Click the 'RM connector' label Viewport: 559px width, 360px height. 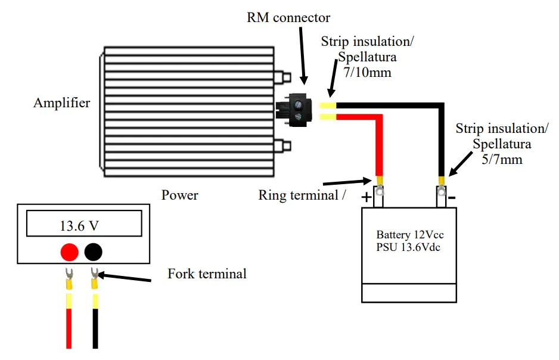tap(288, 17)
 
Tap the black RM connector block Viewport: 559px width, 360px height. tap(296, 110)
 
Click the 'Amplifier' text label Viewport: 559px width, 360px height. tap(62, 103)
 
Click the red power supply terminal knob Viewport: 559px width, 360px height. tap(70, 252)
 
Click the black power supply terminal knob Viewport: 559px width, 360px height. tap(93, 252)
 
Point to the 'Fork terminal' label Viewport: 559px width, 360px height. tap(207, 274)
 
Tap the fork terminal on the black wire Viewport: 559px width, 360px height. tap(94, 275)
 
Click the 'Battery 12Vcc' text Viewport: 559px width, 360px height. tap(410, 235)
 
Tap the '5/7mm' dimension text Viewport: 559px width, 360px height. tap(501, 160)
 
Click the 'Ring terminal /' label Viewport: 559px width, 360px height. tap(302, 195)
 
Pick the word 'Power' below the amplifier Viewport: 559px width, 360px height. tap(180, 195)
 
